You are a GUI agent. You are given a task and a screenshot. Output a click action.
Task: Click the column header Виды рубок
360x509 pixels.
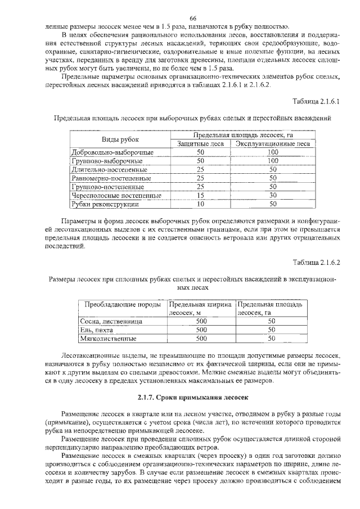(x=120, y=139)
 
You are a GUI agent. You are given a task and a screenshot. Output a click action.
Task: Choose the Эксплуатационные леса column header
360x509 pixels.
(x=273, y=143)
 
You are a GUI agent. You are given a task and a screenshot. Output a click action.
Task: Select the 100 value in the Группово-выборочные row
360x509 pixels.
(x=273, y=160)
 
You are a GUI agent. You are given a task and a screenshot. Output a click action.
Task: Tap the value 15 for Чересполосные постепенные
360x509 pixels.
(x=200, y=195)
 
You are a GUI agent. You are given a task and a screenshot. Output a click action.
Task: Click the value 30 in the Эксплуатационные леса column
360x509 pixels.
(x=273, y=195)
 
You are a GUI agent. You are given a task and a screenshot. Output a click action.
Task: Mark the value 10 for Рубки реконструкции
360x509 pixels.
(x=200, y=204)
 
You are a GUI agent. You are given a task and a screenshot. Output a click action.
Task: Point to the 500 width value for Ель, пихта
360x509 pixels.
(x=201, y=330)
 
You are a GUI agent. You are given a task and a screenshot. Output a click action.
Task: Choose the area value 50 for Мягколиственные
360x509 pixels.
(x=271, y=339)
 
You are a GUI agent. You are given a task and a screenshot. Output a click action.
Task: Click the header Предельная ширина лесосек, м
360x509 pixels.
(x=201, y=308)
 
